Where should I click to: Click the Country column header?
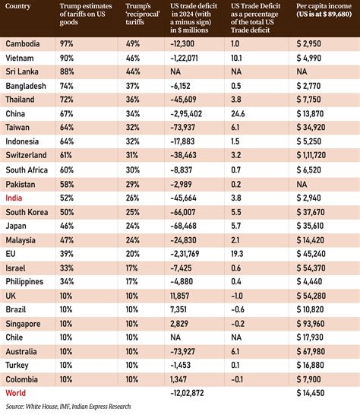pos(18,6)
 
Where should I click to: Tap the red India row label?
pos(14,198)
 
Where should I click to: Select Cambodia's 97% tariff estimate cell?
pos(66,43)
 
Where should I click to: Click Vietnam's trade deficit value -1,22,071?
pos(184,58)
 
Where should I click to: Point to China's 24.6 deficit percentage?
pos(238,114)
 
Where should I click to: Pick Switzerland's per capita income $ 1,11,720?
pos(311,155)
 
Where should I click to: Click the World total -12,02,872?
pos(187,393)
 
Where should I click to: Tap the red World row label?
pos(16,393)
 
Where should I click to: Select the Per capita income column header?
pos(324,10)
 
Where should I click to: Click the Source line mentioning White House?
pos(68,407)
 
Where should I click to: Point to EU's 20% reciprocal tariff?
pos(132,254)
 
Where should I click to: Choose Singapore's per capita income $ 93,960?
pos(311,324)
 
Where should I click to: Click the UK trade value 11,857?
pos(180,296)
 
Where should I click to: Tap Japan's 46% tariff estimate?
pos(67,226)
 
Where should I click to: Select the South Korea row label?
pos(27,212)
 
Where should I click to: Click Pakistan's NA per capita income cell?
pos(302,184)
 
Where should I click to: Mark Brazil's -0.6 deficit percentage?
pos(238,309)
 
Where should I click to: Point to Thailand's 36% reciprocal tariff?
pos(132,100)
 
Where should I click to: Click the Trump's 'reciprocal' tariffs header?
pos(143,14)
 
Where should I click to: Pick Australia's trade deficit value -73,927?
pos(183,351)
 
